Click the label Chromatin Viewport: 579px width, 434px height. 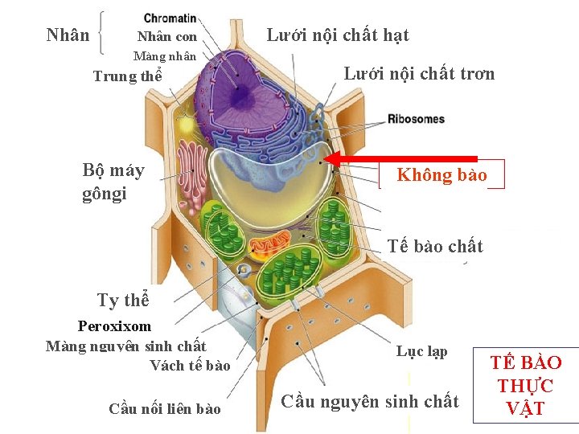click(170, 18)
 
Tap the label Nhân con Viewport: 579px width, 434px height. click(167, 37)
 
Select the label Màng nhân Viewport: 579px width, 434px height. click(164, 56)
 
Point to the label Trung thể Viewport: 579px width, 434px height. click(127, 77)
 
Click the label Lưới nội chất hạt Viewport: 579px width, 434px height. click(337, 35)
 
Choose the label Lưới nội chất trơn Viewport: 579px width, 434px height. click(419, 74)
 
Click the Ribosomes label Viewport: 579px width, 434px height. click(416, 119)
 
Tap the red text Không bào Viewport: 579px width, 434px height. click(441, 175)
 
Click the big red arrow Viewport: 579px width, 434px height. click(402, 159)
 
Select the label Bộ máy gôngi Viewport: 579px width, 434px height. click(113, 182)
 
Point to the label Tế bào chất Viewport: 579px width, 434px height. click(435, 246)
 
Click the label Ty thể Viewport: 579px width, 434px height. click(123, 301)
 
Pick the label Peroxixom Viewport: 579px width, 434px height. click(114, 326)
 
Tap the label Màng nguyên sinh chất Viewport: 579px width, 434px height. click(125, 346)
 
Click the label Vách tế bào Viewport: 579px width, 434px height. click(190, 366)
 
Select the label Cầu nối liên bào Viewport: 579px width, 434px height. click(164, 409)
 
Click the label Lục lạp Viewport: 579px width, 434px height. click(421, 352)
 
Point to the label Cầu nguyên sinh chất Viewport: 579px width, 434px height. click(370, 401)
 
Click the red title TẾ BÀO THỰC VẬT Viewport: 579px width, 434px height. click(526, 385)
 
